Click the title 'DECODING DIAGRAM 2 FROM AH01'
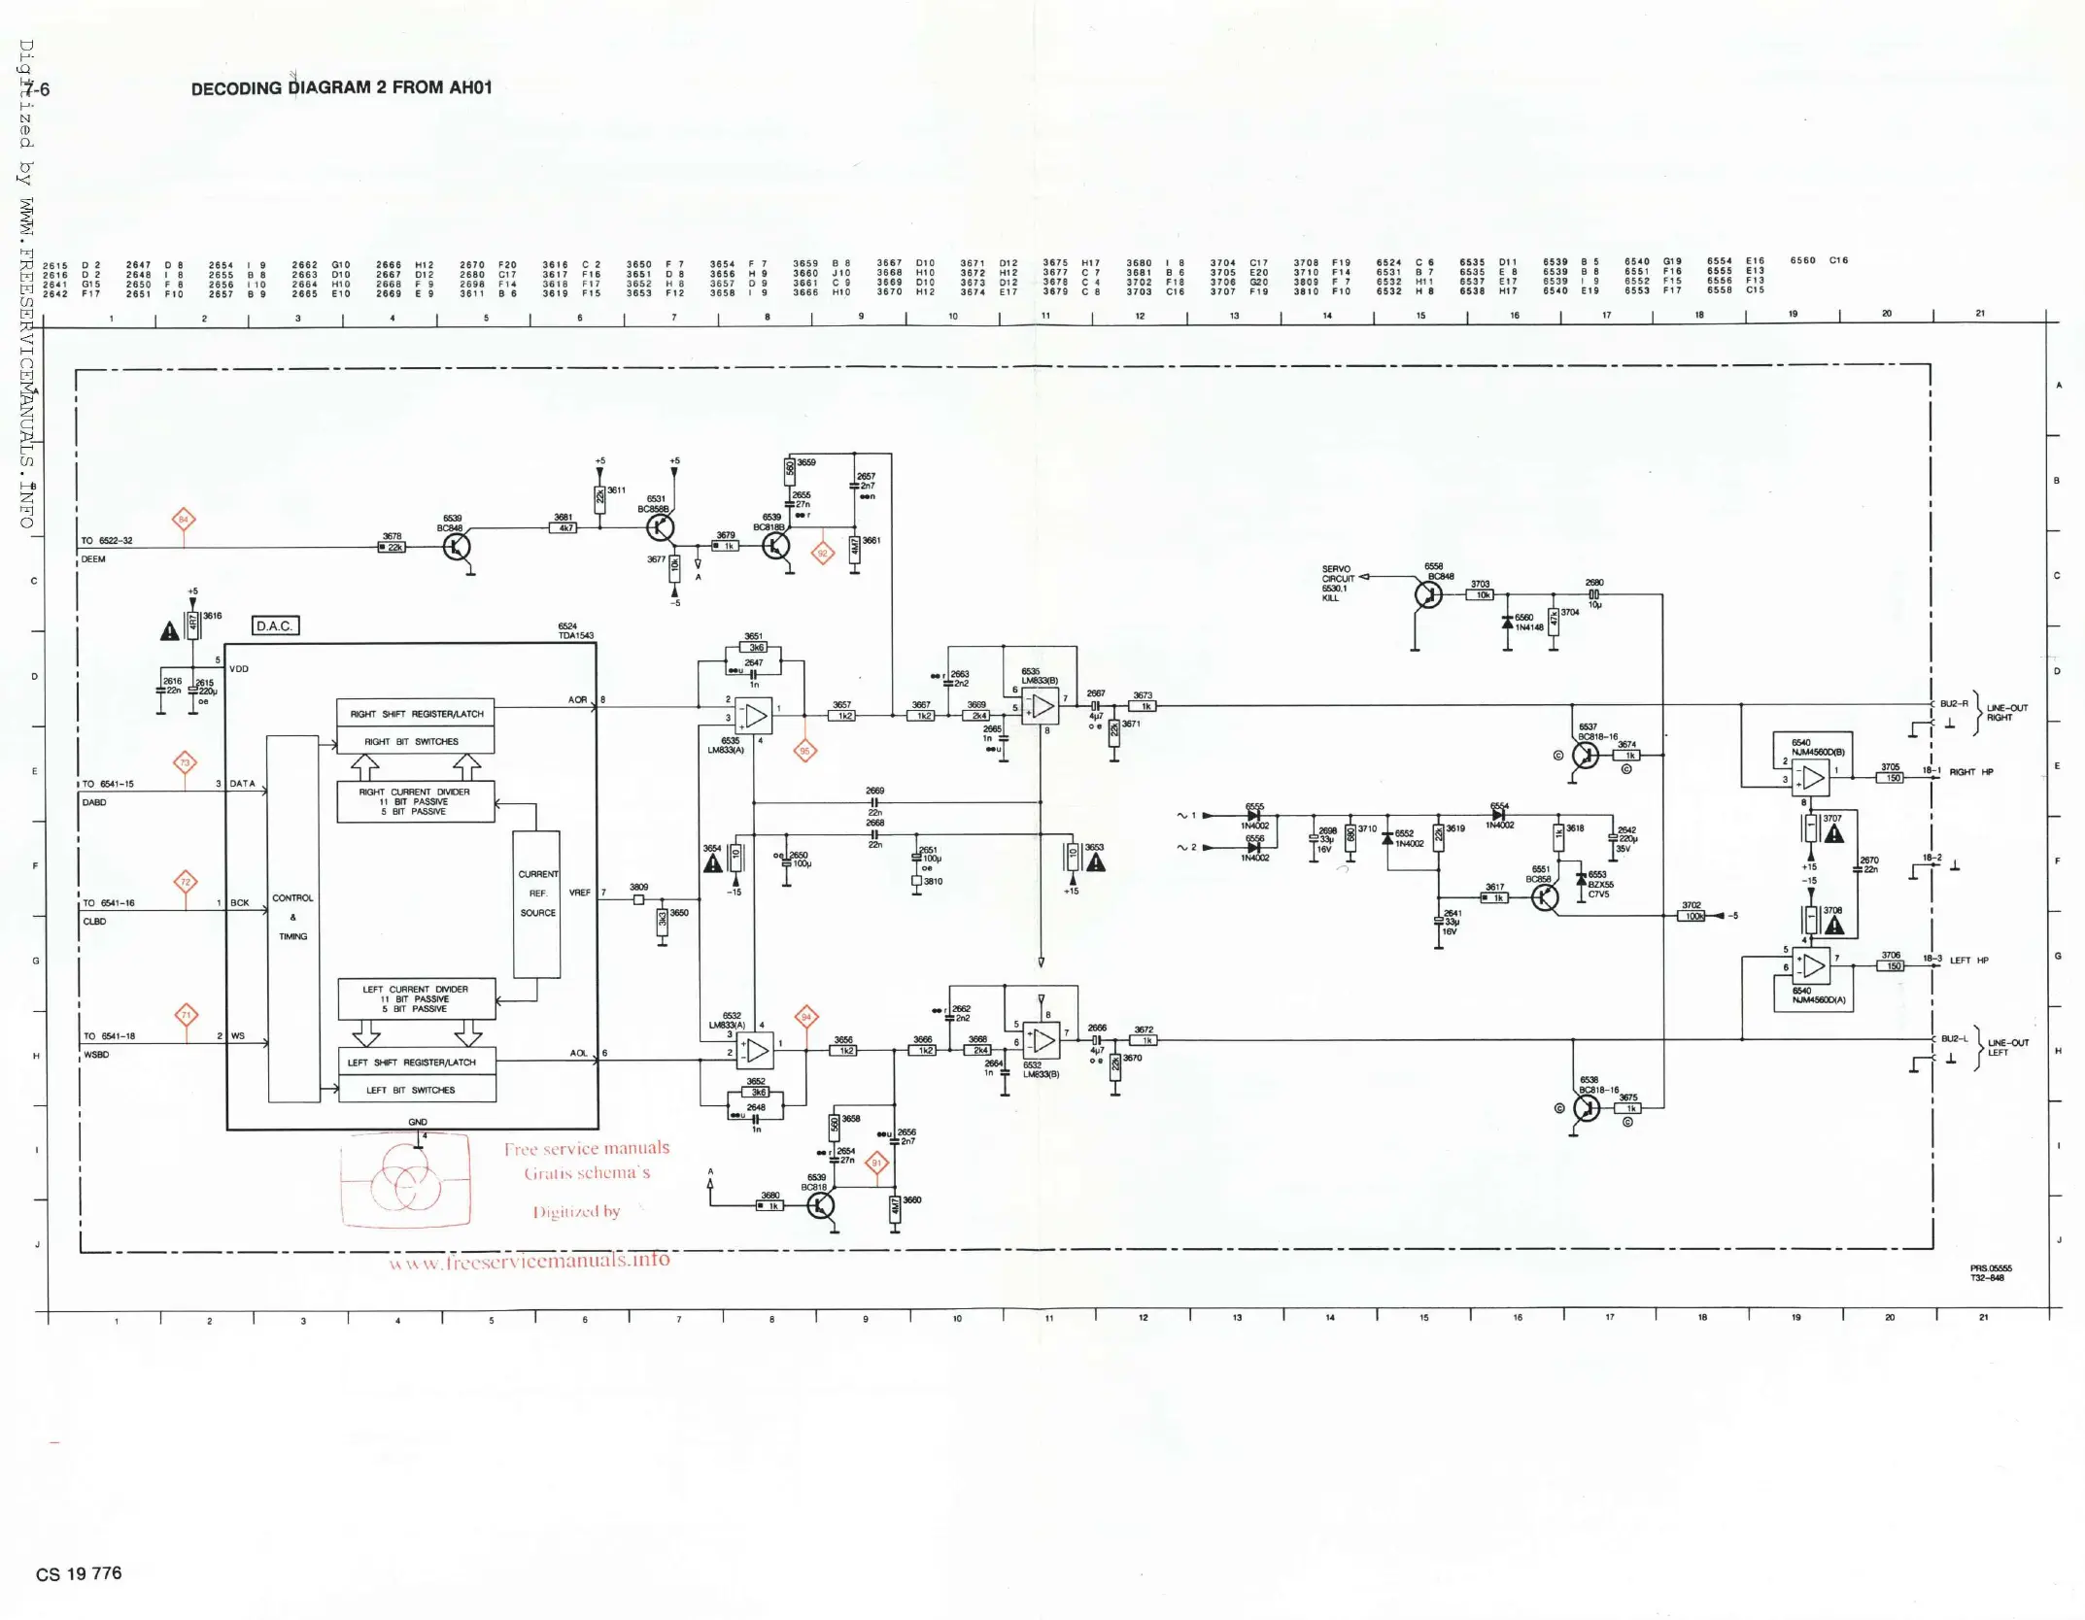tap(341, 87)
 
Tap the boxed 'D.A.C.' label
tap(275, 625)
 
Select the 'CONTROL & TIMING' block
tap(292, 917)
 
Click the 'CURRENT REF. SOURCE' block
tap(536, 903)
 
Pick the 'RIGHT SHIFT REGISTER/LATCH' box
tap(416, 714)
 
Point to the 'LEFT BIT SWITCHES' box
tap(416, 1090)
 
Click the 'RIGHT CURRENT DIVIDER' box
tap(415, 801)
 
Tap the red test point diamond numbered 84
tap(184, 520)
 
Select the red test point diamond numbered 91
tap(876, 1163)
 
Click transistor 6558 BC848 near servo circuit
tap(1428, 594)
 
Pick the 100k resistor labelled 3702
tap(1692, 916)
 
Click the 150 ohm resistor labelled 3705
tap(1890, 777)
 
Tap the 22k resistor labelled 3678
tap(393, 547)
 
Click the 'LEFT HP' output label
tap(1969, 961)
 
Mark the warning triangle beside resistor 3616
tap(169, 631)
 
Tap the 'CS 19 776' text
tap(79, 1573)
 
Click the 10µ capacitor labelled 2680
tap(1593, 594)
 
